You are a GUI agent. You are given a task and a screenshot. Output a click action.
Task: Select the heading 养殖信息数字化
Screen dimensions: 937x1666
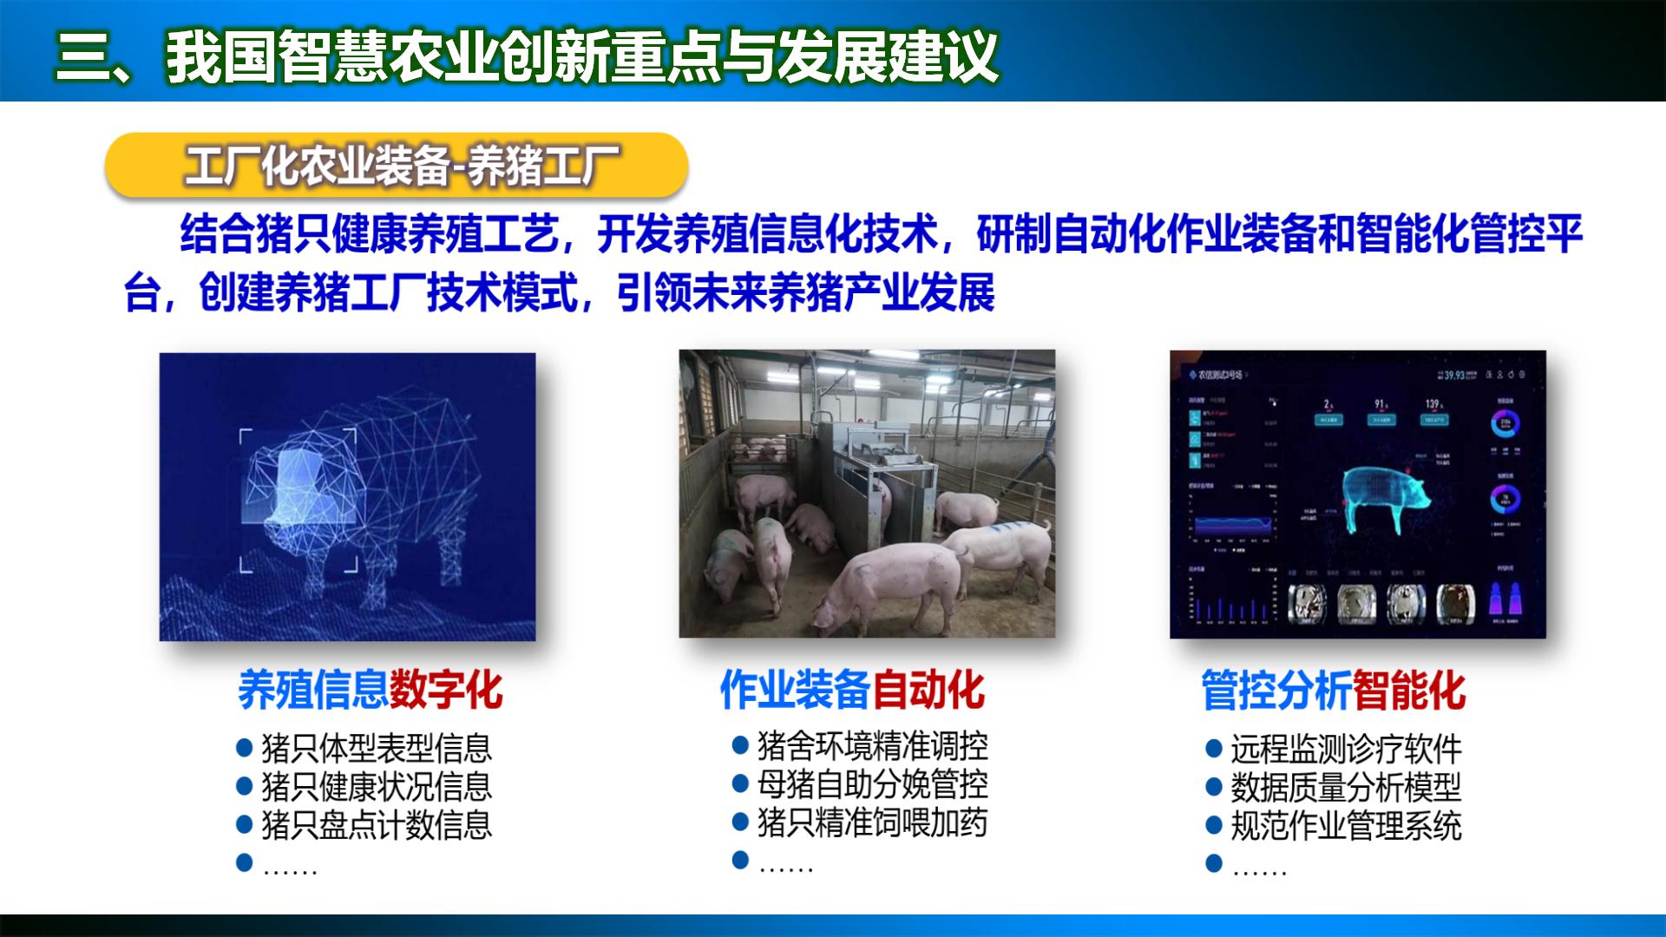pyautogui.click(x=370, y=690)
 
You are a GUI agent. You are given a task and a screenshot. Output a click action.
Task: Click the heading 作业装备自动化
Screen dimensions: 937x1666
pyautogui.click(x=852, y=690)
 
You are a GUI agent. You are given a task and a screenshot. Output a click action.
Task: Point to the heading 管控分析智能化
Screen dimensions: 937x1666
pyautogui.click(x=1334, y=691)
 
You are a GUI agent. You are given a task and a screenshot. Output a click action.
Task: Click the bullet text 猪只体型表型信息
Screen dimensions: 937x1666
pyautogui.click(x=377, y=748)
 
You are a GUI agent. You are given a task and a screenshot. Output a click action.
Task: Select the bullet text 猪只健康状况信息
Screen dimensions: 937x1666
pyautogui.click(x=377, y=787)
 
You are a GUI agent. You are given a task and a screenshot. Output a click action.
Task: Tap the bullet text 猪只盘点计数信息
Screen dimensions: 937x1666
pyautogui.click(x=377, y=825)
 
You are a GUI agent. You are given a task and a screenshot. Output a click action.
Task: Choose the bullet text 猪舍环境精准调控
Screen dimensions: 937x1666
pyautogui.click(x=872, y=745)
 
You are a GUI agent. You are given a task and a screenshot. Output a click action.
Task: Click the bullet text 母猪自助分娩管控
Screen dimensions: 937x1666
pyautogui.click(x=872, y=784)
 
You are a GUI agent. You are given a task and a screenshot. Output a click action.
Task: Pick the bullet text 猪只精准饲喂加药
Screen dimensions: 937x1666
pyautogui.click(x=872, y=822)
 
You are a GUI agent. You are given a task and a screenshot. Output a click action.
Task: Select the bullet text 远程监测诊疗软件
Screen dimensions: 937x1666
pyautogui.click(x=1346, y=749)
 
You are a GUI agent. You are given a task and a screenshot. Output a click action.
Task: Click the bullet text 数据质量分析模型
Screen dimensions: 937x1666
pyautogui.click(x=1346, y=788)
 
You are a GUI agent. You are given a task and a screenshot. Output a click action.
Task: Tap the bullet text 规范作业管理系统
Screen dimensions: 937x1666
pyautogui.click(x=1346, y=826)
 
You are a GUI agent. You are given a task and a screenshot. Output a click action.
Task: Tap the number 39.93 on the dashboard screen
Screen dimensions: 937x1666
pyautogui.click(x=1454, y=375)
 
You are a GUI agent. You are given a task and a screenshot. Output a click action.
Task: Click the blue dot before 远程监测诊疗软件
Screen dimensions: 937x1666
pyautogui.click(x=1214, y=749)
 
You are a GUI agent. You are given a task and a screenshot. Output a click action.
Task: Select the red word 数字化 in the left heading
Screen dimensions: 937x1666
pyautogui.click(x=446, y=690)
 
